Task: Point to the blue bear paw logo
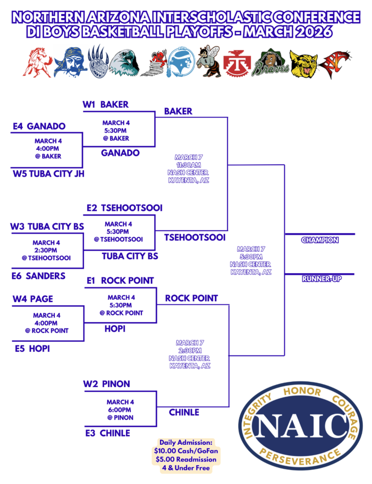pos(97,61)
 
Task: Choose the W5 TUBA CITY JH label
pos(49,173)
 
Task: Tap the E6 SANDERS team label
pos(38,276)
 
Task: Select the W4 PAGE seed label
pos(32,299)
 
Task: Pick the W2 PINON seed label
pos(106,384)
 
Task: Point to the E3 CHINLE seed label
pos(108,433)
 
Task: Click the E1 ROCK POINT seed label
pos(120,281)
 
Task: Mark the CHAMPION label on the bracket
pos(320,240)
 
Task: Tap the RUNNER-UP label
pos(321,279)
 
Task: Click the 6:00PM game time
pos(120,410)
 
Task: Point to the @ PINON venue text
pos(120,417)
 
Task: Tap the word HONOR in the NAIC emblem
pos(302,392)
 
